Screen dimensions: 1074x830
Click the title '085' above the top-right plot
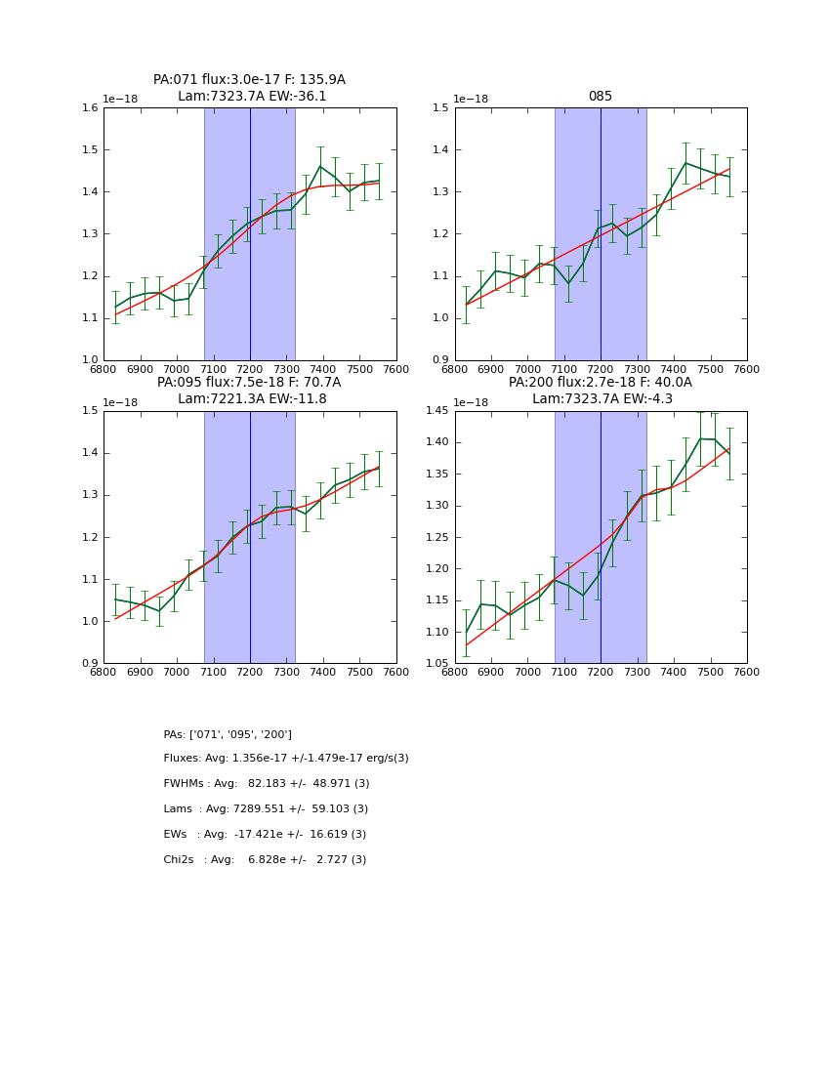point(601,97)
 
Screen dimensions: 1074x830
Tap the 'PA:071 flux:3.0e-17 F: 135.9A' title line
point(249,80)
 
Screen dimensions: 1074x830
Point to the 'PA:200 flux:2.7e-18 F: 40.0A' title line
point(601,383)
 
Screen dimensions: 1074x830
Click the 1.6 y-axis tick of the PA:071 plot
point(90,108)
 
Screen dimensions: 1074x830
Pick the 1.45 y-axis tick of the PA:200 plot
point(436,411)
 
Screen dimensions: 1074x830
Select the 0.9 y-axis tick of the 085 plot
point(440,360)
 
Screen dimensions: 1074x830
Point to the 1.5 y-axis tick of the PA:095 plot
point(90,411)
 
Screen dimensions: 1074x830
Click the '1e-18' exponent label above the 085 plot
point(472,99)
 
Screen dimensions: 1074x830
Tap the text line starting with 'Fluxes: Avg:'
point(286,759)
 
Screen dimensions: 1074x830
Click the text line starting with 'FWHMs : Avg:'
point(267,784)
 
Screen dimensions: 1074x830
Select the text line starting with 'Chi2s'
point(265,860)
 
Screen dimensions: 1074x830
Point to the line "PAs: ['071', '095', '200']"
point(228,734)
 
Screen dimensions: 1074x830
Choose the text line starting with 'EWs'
point(265,835)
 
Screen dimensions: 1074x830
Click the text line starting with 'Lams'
point(266,809)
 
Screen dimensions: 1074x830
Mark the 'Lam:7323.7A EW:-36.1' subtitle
point(252,97)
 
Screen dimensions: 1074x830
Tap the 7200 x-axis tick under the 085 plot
point(601,370)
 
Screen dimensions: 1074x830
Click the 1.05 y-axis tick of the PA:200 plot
point(436,664)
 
